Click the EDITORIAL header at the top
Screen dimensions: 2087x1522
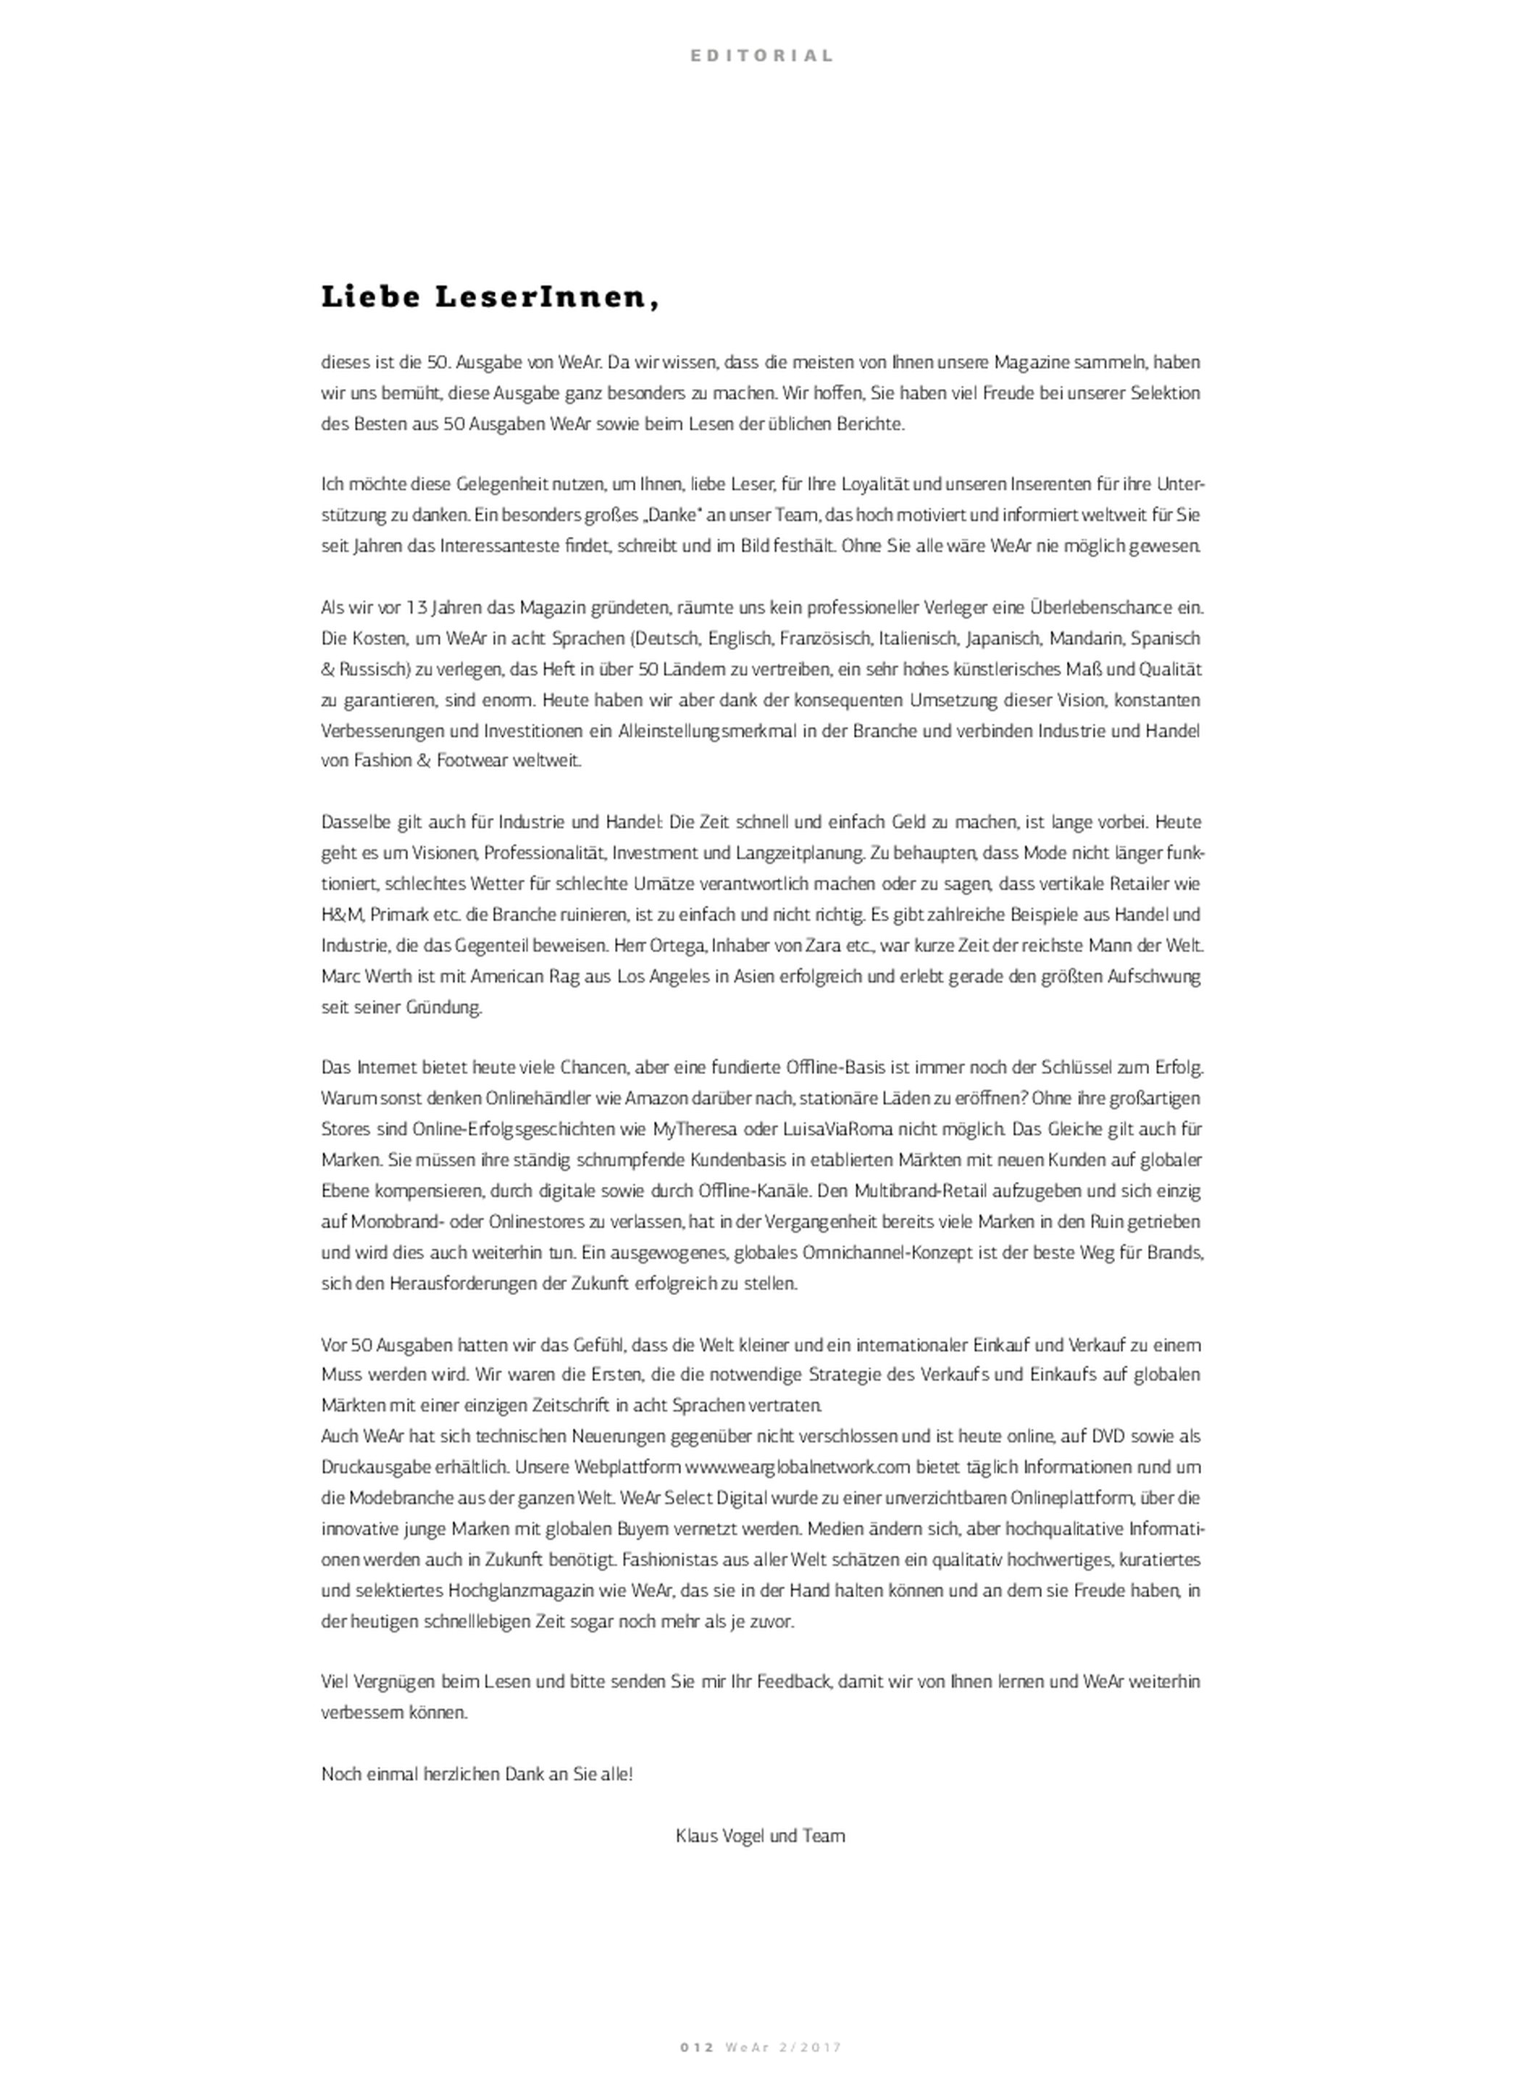click(761, 55)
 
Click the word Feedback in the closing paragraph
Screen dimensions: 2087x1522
click(796, 1680)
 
